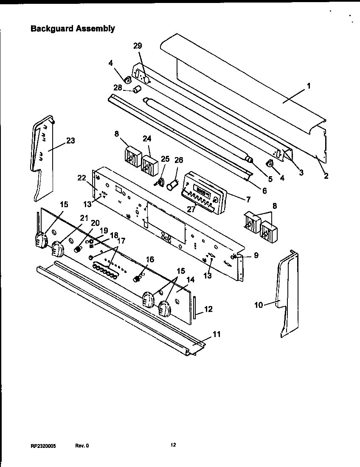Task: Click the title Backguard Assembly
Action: (73, 29)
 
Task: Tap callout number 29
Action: (138, 46)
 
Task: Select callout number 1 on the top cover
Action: (309, 86)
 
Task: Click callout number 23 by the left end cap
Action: (70, 141)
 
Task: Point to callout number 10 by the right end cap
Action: (259, 304)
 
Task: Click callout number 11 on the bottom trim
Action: (217, 334)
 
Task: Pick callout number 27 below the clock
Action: (191, 208)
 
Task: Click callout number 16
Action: (150, 259)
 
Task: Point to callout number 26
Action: (179, 160)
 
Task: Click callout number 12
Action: (208, 309)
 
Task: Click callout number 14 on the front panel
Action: (190, 280)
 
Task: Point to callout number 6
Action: (264, 191)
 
